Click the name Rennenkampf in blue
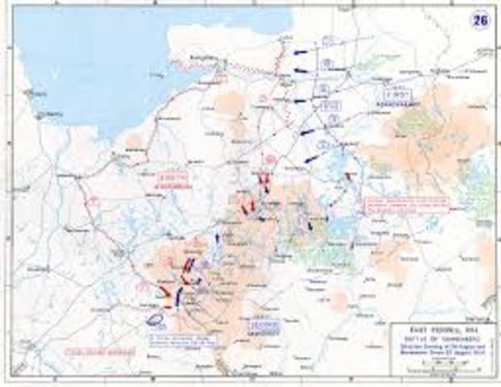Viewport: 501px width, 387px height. pyautogui.click(x=390, y=104)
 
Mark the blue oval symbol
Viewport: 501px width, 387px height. pyautogui.click(x=157, y=317)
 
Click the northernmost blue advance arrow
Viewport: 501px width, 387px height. pyautogui.click(x=300, y=52)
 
